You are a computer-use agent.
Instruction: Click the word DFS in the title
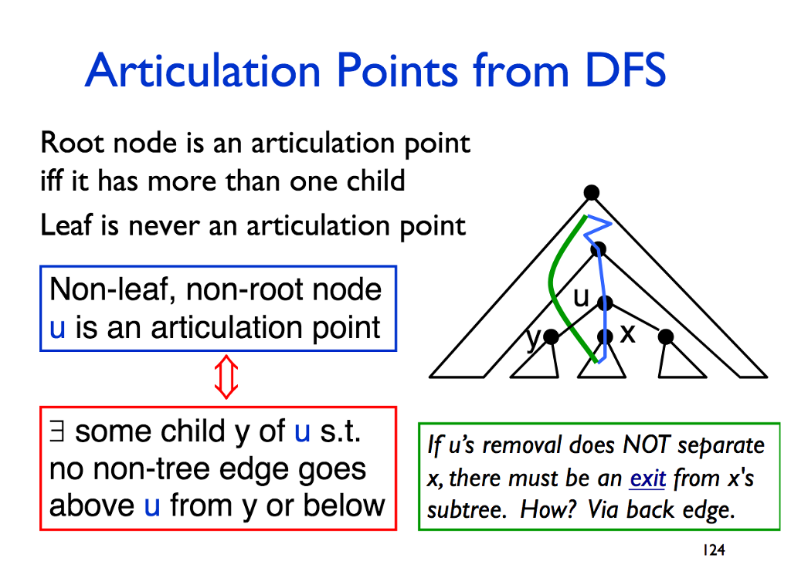tap(626, 69)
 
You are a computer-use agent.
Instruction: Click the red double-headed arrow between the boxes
tap(226, 377)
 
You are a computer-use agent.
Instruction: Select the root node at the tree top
tap(591, 192)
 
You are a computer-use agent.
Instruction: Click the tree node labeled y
tap(551, 336)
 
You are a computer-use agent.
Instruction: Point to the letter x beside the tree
tap(627, 333)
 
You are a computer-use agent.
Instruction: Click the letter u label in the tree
tap(581, 297)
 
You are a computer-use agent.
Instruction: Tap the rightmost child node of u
tap(666, 336)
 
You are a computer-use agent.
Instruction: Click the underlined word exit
tap(648, 478)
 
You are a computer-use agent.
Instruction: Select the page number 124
tap(714, 549)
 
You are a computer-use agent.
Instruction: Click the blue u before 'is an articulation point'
tap(57, 328)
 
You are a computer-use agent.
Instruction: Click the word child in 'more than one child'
tap(376, 181)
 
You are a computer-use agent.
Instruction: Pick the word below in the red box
tap(345, 505)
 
